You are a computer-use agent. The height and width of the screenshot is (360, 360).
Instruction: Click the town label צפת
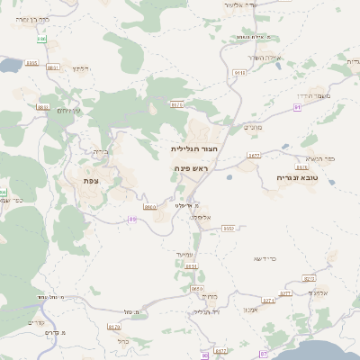90,181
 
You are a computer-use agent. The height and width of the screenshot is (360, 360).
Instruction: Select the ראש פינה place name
192,168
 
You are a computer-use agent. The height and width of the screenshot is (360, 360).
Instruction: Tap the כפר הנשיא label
319,158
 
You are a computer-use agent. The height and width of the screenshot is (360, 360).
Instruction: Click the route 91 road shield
298,107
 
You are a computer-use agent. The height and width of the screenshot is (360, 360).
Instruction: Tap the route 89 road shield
132,219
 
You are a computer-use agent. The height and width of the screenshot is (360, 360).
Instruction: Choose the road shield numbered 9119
239,72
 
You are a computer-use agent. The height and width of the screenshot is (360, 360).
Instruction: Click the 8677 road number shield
254,156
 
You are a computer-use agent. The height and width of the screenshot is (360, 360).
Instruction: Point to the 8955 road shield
32,63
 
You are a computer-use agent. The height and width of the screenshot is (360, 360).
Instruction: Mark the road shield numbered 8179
113,328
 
